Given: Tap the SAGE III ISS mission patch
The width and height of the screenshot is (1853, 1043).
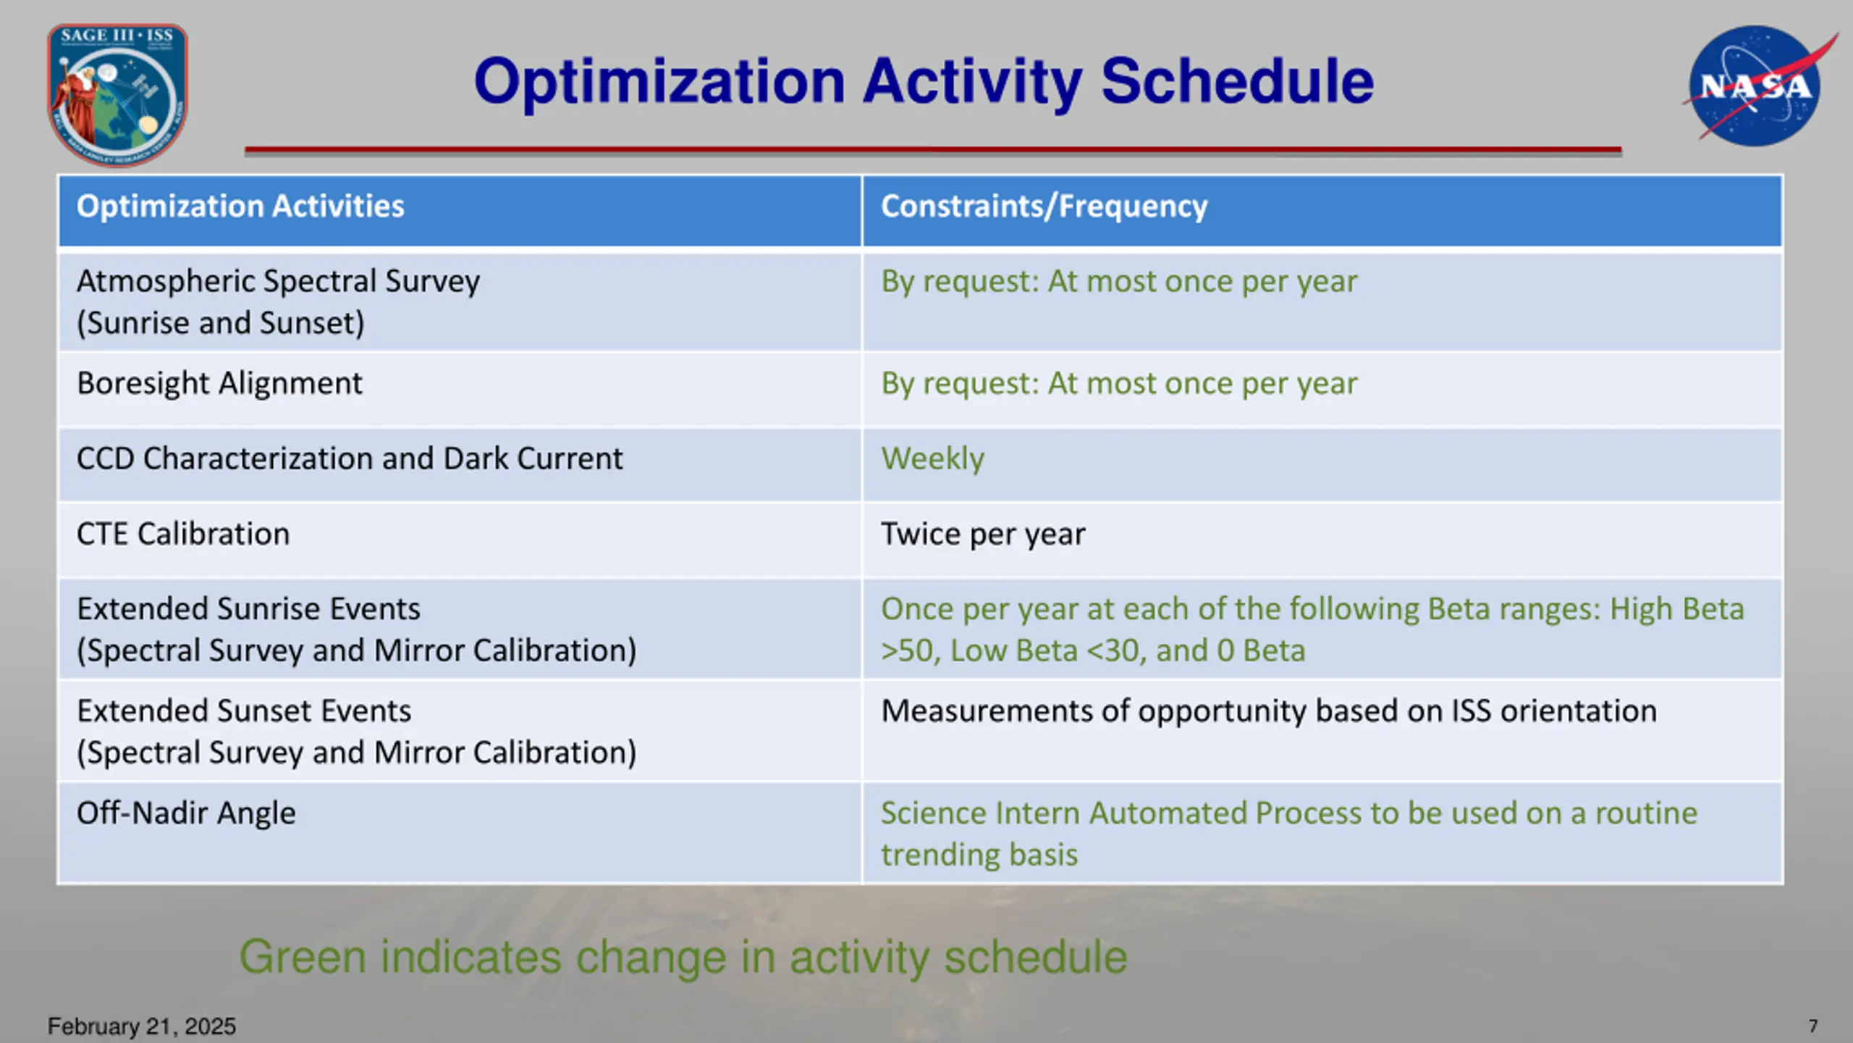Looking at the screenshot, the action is point(118,94).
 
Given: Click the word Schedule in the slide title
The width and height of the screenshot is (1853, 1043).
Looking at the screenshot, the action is point(1237,81).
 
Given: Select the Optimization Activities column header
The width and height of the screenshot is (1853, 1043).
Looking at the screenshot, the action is point(240,206).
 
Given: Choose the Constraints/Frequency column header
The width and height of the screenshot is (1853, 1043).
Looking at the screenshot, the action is point(1044,206).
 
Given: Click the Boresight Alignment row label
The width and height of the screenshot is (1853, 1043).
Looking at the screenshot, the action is point(219,384).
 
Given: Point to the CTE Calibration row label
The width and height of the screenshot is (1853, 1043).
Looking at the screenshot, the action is point(183,534).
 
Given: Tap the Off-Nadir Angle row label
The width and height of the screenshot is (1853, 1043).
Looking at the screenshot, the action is point(186,813).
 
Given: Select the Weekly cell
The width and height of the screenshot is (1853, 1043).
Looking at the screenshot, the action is point(932,459).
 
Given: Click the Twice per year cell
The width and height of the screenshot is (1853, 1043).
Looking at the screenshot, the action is point(983,535).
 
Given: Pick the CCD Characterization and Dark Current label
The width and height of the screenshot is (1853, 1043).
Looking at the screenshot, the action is point(350,458).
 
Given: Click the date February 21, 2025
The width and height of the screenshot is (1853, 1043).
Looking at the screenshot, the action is point(142,1026).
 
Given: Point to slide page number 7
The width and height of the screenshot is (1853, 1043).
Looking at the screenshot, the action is point(1813,1026).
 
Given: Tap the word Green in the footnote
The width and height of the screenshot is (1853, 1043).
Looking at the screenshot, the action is point(303,958).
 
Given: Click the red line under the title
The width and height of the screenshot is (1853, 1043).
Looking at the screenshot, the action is point(933,150).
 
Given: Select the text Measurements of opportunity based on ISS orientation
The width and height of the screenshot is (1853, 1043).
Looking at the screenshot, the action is point(1268,711).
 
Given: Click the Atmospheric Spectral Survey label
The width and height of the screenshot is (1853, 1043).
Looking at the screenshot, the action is point(278,282).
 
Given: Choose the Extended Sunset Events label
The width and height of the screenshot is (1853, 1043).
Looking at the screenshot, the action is point(244,711).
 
